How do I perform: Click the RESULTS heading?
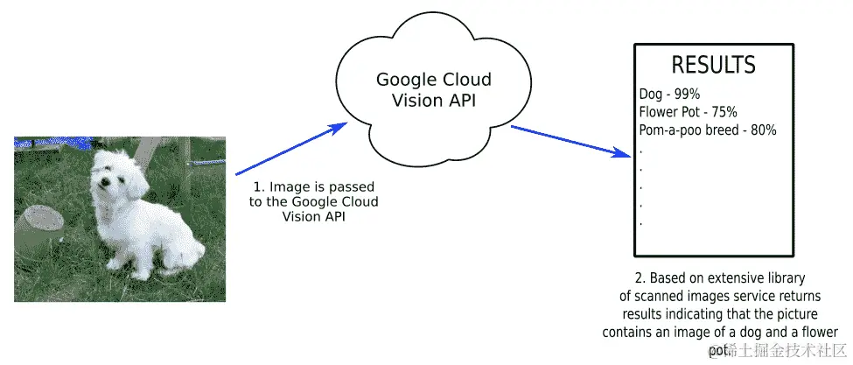pos(713,65)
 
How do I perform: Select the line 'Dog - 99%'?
pos(669,94)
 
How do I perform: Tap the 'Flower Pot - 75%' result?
pos(689,112)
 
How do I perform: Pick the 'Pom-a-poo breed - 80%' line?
pos(709,130)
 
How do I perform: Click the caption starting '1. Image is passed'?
pos(314,202)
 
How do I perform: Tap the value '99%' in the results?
pos(687,94)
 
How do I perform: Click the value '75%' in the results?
pos(724,112)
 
